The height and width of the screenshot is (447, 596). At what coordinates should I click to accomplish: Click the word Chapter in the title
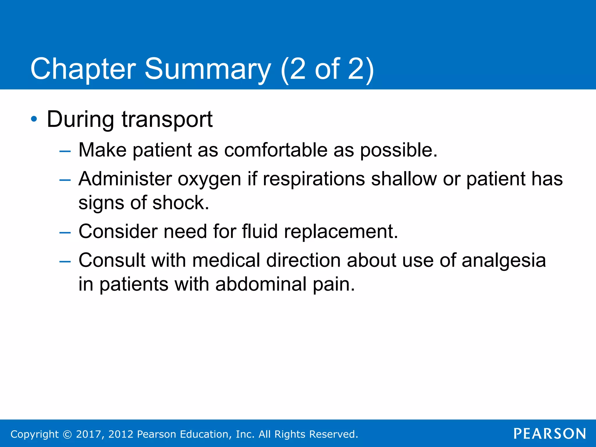click(83, 69)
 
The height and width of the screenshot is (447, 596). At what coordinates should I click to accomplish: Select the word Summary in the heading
click(207, 69)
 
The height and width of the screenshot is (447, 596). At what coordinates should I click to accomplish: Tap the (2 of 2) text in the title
click(327, 69)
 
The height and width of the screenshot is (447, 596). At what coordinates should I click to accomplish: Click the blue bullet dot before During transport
click(34, 119)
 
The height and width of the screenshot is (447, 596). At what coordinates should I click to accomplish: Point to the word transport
click(167, 120)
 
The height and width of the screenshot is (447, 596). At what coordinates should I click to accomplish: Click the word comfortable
click(276, 150)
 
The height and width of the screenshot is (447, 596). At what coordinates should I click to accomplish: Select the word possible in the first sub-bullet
click(398, 150)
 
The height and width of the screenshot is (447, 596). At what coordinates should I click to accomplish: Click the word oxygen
click(209, 179)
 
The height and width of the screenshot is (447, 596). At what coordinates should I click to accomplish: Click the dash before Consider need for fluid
click(65, 233)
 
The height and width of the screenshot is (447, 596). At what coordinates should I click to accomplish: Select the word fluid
click(260, 231)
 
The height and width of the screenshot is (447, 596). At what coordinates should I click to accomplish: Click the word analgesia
click(503, 260)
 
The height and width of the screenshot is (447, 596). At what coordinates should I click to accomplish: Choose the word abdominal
click(261, 284)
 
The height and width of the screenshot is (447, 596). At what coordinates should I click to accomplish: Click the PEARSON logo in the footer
click(549, 434)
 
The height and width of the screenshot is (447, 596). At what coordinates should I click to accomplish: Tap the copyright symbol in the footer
click(67, 434)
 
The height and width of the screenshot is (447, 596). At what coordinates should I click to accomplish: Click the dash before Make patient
click(65, 151)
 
